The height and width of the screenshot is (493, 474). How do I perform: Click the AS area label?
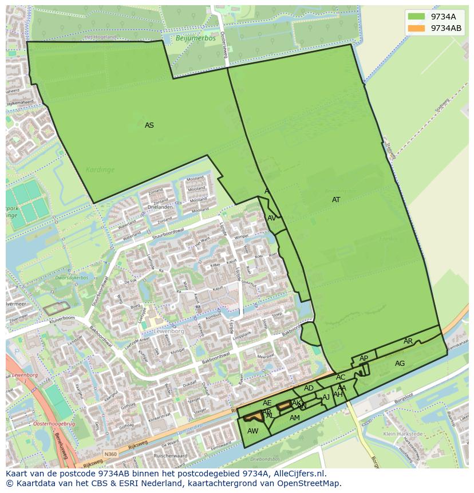click(149, 125)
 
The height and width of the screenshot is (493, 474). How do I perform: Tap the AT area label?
click(336, 200)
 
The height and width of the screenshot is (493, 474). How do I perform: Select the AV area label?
click(272, 218)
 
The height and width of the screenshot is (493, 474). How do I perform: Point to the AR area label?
click(408, 341)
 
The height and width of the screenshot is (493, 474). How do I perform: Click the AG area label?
click(400, 364)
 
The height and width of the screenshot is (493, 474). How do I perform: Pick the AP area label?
click(364, 358)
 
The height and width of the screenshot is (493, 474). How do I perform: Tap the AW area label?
click(253, 431)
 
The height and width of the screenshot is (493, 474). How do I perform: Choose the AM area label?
click(295, 418)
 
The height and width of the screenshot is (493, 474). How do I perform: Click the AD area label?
click(309, 388)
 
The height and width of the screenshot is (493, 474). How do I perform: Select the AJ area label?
click(326, 397)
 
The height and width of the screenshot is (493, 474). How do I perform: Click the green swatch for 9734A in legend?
click(416, 17)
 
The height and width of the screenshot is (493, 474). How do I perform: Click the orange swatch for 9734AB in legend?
click(416, 28)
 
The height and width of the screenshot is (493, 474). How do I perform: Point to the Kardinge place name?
click(100, 169)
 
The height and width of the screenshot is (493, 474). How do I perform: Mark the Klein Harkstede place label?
click(403, 434)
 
